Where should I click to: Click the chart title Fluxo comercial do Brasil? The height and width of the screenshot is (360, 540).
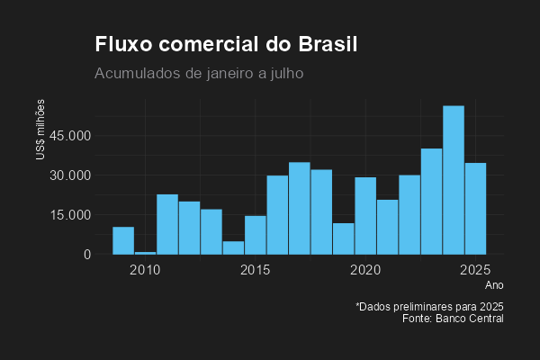tap(226, 45)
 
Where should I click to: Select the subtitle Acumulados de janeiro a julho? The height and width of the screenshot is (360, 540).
tap(199, 73)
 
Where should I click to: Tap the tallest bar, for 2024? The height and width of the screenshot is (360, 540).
tap(454, 180)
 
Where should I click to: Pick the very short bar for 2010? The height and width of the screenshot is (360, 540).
tap(145, 253)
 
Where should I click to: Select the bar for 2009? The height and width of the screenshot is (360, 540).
tap(123, 240)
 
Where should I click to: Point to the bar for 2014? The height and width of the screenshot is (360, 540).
tap(233, 247)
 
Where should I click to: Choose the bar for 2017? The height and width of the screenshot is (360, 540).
tap(300, 208)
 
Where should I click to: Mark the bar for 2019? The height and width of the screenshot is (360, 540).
tap(343, 238)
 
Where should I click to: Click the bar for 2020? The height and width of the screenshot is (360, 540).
tap(365, 216)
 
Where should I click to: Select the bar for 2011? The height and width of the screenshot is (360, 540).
tap(167, 224)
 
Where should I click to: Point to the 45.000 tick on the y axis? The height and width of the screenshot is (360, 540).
tap(71, 136)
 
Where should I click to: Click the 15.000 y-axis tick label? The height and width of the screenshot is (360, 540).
tap(71, 215)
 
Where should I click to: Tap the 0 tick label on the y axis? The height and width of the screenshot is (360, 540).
tap(87, 255)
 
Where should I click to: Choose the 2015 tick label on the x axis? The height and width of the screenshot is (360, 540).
tap(256, 270)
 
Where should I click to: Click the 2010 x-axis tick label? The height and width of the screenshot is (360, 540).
tap(145, 270)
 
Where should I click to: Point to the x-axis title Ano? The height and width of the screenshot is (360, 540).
tap(495, 285)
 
